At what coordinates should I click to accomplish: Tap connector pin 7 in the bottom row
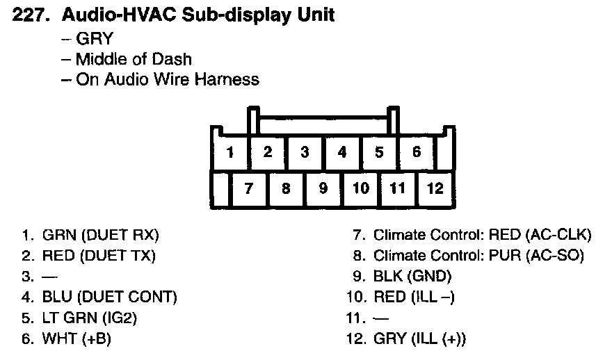coord(248,188)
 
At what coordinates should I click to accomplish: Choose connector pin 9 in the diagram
coord(323,188)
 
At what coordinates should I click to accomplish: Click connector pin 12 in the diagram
coord(435,188)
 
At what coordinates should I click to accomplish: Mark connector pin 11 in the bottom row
coord(397,188)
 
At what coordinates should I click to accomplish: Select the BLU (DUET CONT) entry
coord(110,297)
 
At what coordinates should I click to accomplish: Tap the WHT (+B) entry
coord(76,339)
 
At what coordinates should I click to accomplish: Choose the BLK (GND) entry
coord(412,277)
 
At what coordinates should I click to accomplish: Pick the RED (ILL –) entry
coord(414,297)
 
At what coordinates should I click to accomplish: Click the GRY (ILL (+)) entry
coord(420,339)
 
